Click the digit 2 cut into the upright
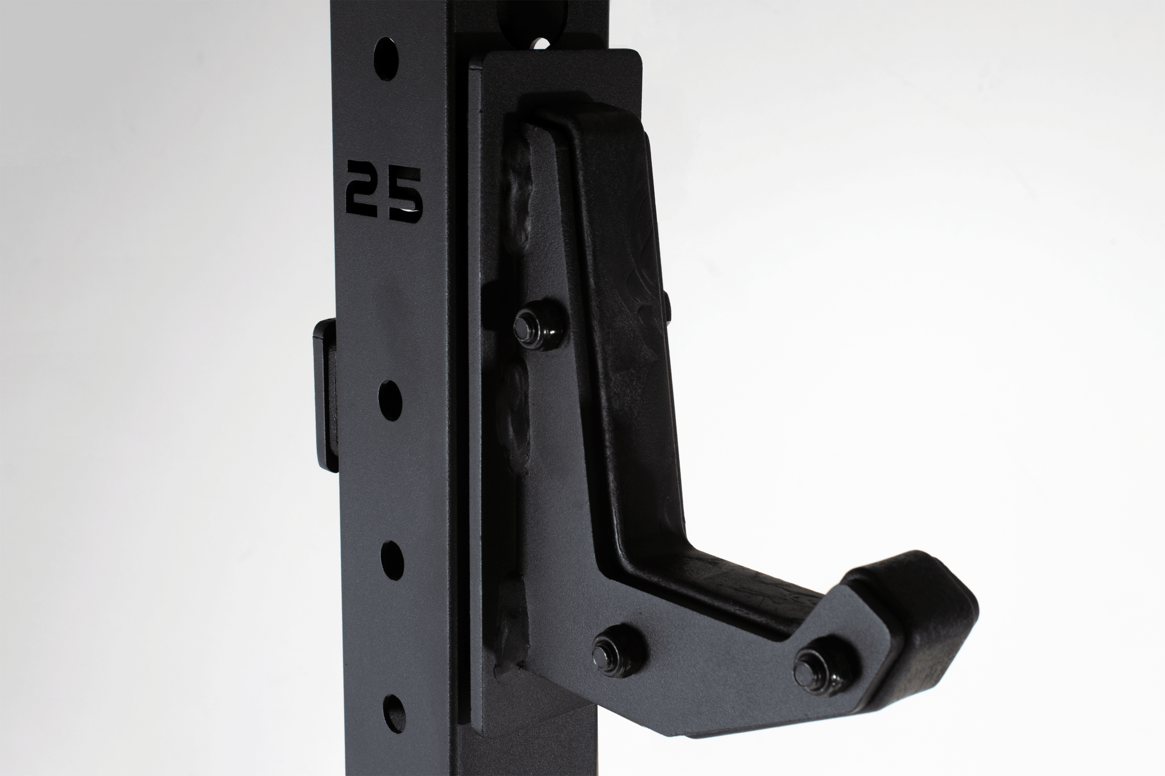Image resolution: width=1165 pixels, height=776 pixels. (x=364, y=192)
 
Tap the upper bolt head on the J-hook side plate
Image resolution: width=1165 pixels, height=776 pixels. (x=524, y=325)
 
